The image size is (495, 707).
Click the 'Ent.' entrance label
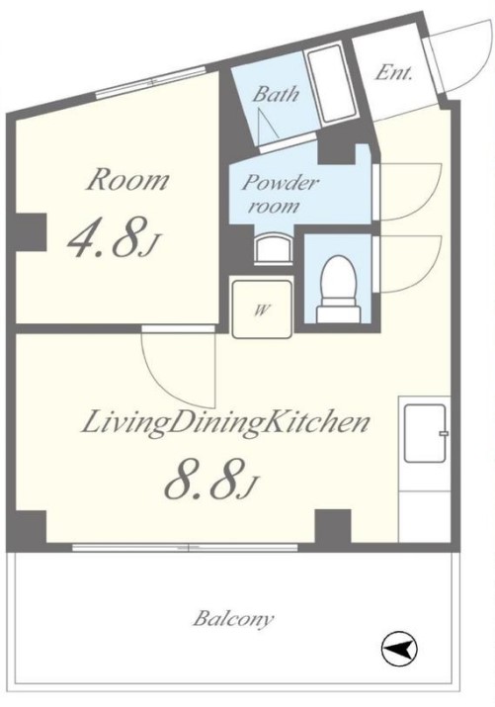tap(394, 72)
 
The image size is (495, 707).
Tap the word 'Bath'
tap(276, 94)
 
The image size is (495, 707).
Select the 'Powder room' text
tap(281, 194)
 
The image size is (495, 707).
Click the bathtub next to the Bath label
tap(331, 85)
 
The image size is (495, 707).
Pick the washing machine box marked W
tap(262, 309)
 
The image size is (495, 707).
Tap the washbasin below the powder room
tap(273, 248)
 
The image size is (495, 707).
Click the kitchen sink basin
tap(426, 433)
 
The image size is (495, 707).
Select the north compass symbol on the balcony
tap(399, 649)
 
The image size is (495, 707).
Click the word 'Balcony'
tap(233, 619)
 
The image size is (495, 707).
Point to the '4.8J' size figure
tap(114, 237)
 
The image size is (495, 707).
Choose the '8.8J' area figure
tap(210, 479)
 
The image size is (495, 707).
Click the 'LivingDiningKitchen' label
tap(225, 423)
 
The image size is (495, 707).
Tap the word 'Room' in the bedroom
tap(127, 180)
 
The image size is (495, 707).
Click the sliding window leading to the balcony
tap(185, 548)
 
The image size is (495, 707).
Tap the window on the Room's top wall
tap(151, 82)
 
